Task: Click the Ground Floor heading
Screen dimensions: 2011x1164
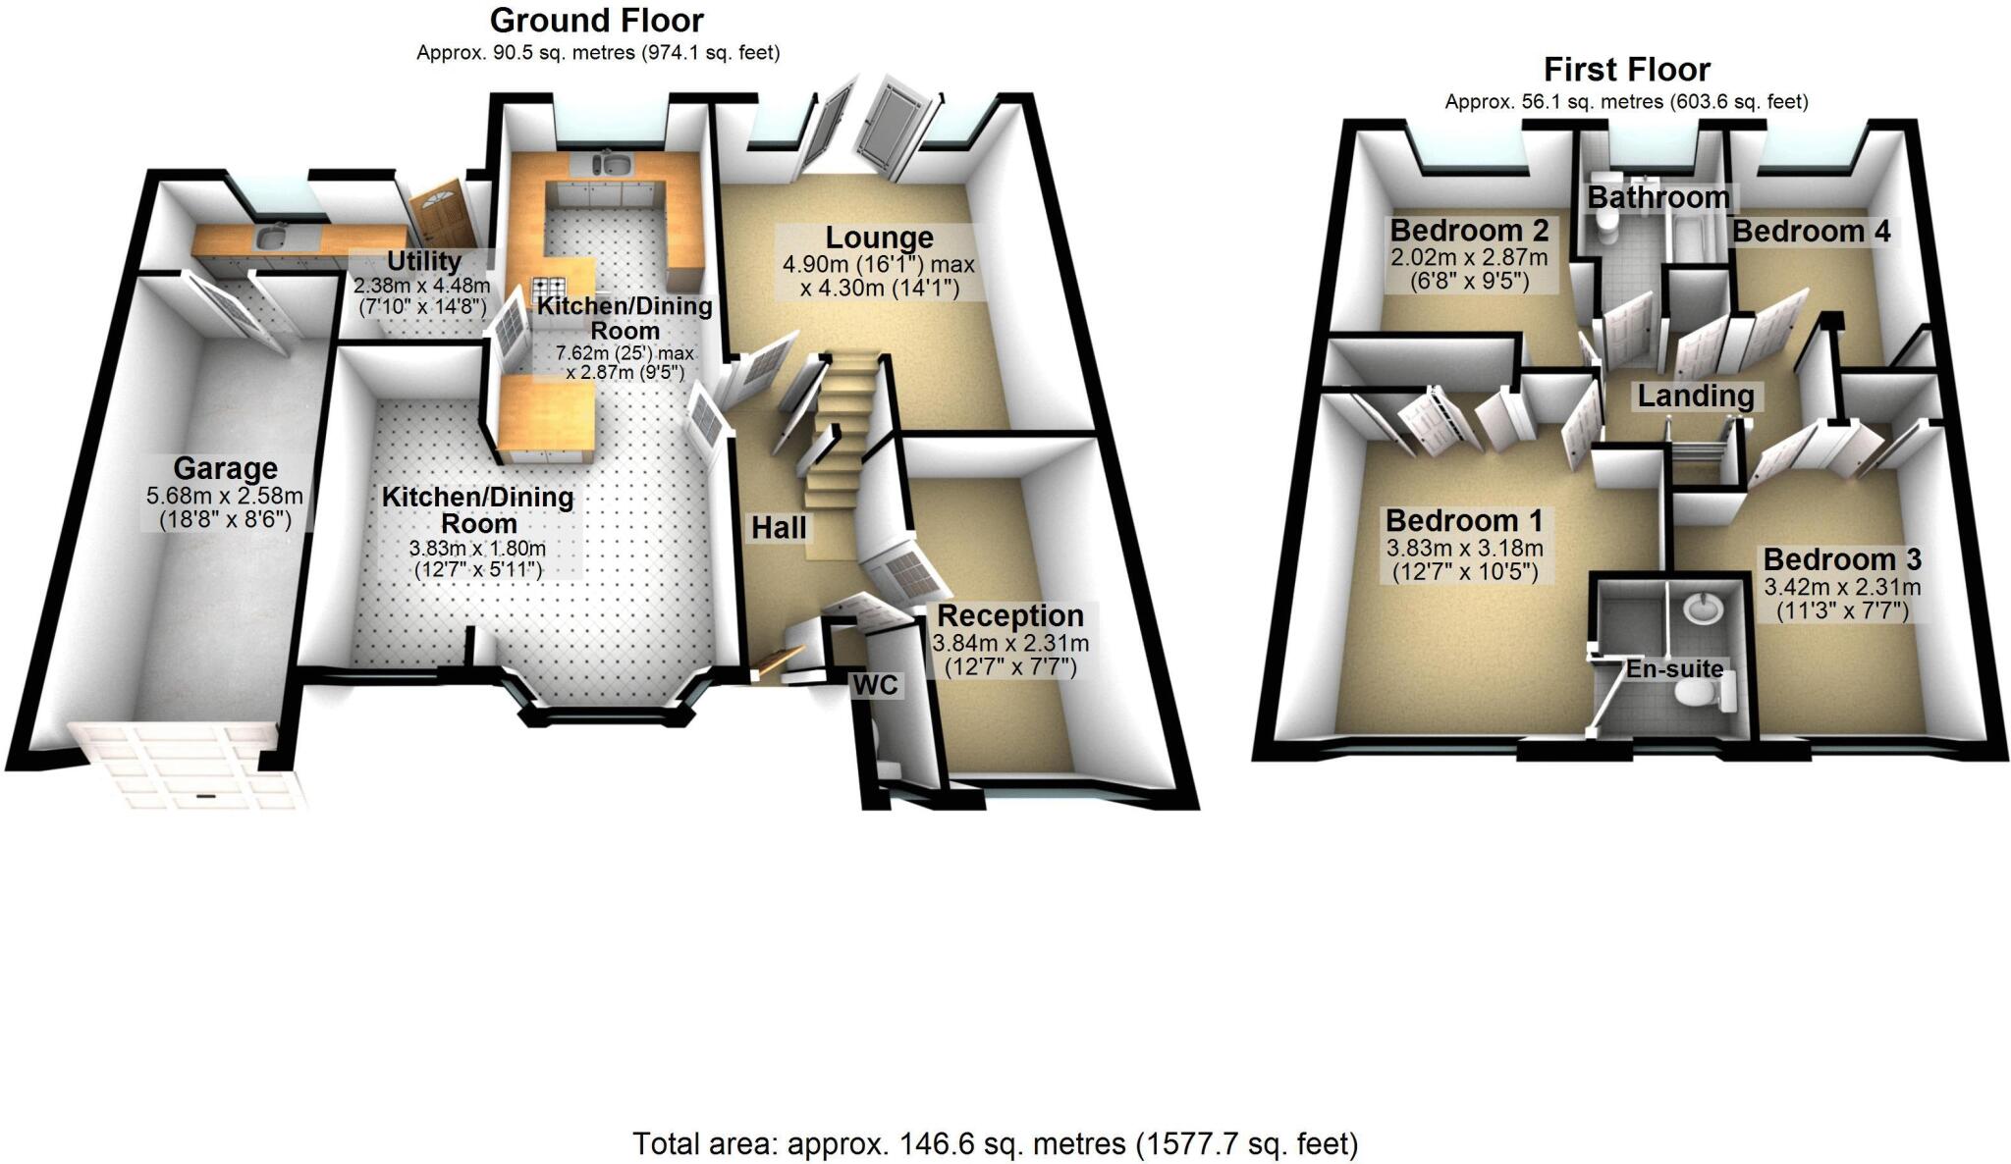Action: coord(597,20)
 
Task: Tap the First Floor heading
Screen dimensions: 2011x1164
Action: coord(1626,70)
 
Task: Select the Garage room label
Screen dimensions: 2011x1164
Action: coord(226,468)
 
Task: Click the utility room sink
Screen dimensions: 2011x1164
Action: coord(268,237)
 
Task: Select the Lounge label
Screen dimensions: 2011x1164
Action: coord(879,238)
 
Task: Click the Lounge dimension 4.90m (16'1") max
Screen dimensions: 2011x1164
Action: coord(878,264)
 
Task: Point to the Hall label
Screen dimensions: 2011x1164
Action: coord(779,528)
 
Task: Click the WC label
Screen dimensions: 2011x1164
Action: coord(875,685)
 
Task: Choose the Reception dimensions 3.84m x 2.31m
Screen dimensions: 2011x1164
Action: coord(1009,644)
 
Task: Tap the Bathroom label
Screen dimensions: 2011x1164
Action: coord(1658,197)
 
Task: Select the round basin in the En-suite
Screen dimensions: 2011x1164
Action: coord(1703,609)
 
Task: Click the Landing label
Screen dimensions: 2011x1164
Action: coord(1696,396)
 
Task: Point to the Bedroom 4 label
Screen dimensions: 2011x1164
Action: coord(1811,232)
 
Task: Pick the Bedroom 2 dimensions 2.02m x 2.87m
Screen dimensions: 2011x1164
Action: coord(1469,258)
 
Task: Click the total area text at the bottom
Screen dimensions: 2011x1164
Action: coord(995,1143)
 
